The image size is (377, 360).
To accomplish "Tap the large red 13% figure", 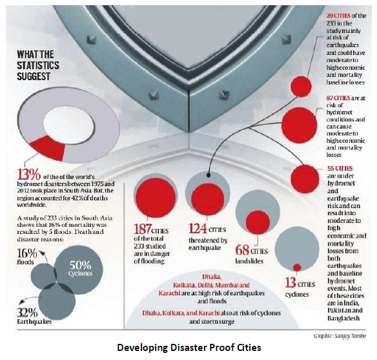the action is (29, 175).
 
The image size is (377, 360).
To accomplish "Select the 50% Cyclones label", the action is (80, 268).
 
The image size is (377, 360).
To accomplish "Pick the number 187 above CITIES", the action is (143, 229).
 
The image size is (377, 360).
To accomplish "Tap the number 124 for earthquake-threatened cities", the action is (198, 228).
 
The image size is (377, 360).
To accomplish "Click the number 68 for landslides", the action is (242, 250).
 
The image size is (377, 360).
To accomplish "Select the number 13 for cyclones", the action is (290, 282).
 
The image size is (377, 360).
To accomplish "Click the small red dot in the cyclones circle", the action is (297, 268).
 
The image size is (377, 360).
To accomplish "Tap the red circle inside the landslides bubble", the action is (258, 222).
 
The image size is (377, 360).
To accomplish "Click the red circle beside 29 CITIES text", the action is (301, 87).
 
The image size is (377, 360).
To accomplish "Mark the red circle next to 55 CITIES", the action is (305, 179).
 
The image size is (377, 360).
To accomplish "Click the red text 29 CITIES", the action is (338, 16).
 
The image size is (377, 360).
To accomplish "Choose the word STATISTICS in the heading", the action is (38, 65).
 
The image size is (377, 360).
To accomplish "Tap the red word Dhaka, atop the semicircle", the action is (212, 277).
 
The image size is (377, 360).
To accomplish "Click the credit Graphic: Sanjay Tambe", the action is (340, 336).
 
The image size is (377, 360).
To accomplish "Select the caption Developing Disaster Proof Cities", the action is (189, 348).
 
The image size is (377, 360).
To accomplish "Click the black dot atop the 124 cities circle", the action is (209, 175).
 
